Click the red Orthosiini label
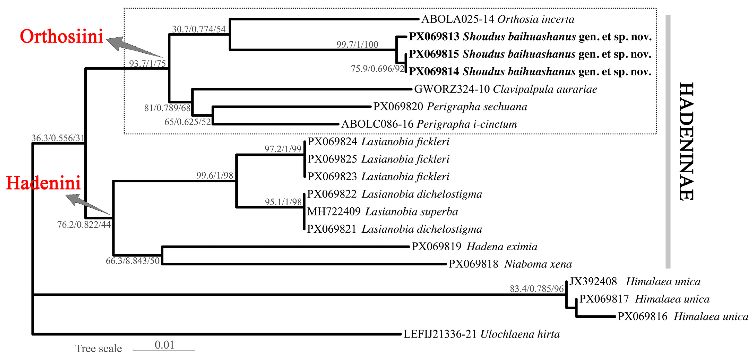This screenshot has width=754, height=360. click(62, 37)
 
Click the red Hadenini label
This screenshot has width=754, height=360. click(43, 183)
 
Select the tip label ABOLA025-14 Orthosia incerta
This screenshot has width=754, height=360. click(498, 19)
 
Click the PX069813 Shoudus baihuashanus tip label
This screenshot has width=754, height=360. click(530, 37)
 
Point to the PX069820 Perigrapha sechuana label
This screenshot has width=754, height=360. click(450, 107)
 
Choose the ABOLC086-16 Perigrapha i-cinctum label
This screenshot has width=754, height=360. click(429, 124)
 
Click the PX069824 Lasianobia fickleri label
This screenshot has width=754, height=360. click(378, 142)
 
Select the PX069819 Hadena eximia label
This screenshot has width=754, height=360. click(474, 247)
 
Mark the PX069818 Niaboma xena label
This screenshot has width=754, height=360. click(510, 264)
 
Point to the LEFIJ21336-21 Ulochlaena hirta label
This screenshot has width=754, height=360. click(481, 334)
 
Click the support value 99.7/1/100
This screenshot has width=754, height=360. click(357, 45)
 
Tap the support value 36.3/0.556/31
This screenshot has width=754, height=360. click(58, 138)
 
